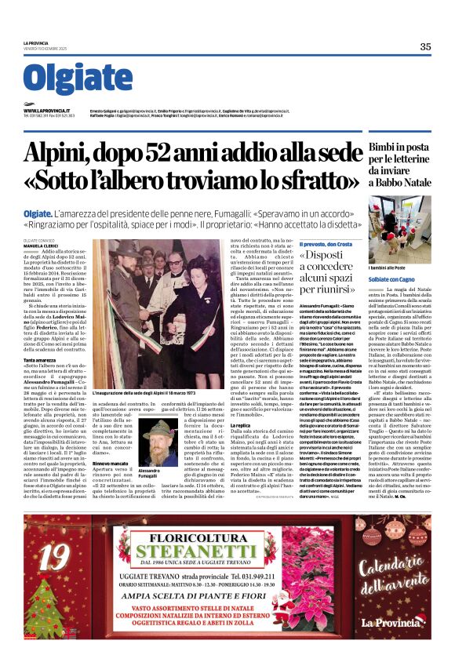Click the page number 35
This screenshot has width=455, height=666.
424,46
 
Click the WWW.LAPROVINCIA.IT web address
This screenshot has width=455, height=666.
46,111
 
